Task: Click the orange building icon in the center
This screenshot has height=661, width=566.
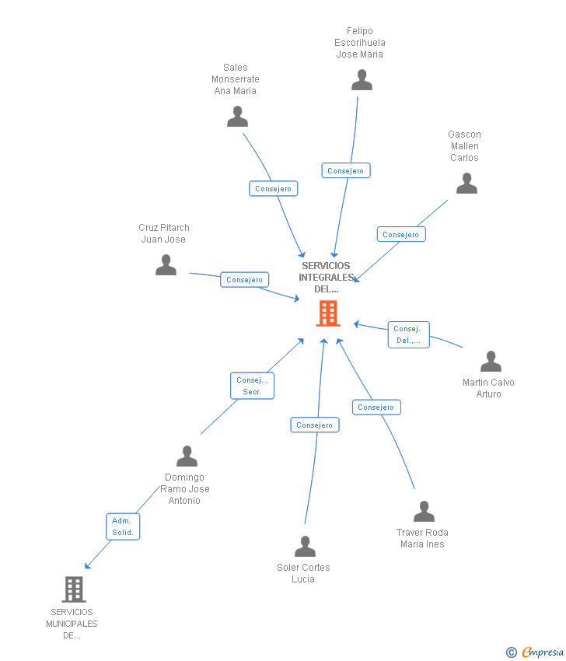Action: (x=328, y=313)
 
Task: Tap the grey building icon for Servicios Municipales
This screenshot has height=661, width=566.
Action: (x=73, y=589)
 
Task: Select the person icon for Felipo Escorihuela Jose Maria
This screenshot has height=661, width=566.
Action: (x=362, y=80)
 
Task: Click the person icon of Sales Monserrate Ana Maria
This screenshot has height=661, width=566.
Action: (x=237, y=117)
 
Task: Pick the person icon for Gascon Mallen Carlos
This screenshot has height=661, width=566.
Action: (x=466, y=184)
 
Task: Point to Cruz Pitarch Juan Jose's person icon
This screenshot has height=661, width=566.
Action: (x=166, y=265)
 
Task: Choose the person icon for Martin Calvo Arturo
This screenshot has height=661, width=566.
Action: (x=491, y=362)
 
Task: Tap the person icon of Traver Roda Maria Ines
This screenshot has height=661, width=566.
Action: (x=424, y=511)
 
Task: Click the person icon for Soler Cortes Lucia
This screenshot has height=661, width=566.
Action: (x=305, y=547)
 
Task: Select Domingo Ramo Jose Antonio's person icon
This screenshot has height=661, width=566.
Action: (x=187, y=456)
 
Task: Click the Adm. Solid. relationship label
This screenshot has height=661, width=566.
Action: (x=123, y=526)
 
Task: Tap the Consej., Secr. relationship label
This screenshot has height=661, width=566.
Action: (x=252, y=386)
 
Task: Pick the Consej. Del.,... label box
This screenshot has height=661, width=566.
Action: (x=408, y=334)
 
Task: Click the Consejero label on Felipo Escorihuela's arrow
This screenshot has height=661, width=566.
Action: (x=346, y=170)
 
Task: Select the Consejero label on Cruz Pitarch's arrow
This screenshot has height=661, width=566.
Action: (x=244, y=279)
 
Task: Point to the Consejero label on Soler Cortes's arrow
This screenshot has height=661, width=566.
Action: (x=314, y=425)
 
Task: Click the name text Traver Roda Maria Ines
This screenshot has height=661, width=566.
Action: (x=422, y=538)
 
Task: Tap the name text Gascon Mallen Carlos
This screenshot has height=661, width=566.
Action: (x=464, y=146)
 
